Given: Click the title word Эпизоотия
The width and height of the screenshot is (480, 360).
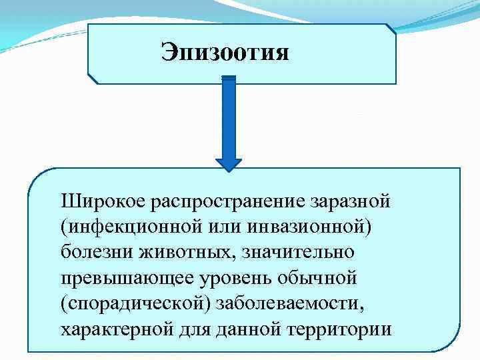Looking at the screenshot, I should point(225,52).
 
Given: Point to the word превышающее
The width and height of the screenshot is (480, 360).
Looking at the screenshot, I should point(121,278).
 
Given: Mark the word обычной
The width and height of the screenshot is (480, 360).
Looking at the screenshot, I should point(321,277).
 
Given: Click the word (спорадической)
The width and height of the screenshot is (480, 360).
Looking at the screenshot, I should point(133,304).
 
